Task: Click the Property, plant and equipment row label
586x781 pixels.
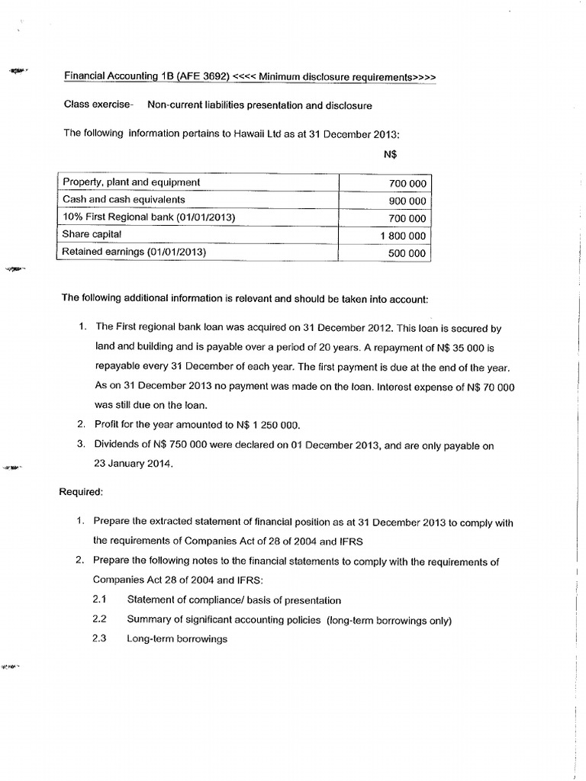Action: point(131,182)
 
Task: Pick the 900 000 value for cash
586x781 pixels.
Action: point(407,201)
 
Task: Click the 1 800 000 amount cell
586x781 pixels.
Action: point(403,236)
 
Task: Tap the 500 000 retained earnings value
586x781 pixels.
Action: point(407,254)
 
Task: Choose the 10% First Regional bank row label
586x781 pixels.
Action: point(149,217)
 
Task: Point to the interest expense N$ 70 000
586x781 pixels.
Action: point(490,387)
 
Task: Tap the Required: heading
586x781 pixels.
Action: point(81,493)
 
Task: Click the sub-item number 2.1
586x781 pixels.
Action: point(99,600)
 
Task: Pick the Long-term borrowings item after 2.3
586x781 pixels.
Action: point(177,639)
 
